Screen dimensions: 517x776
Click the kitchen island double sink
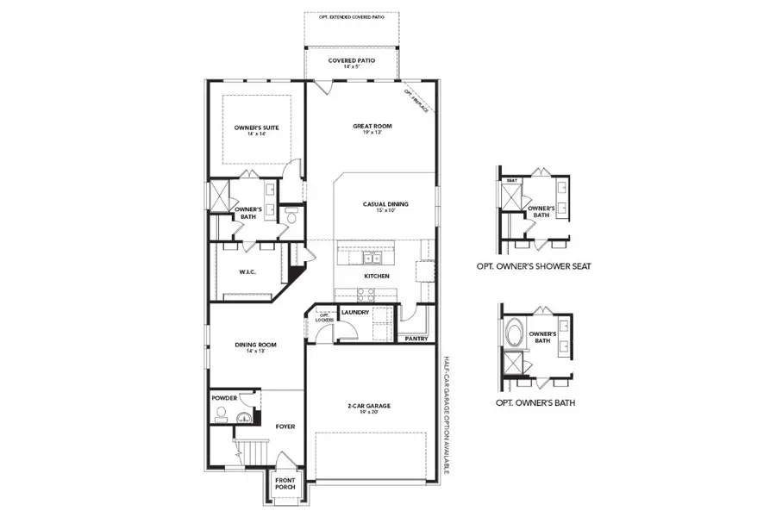coord(372,257)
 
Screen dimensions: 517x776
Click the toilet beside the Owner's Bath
coord(291,219)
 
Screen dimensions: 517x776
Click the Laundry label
coord(355,312)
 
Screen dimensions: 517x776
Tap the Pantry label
coord(416,339)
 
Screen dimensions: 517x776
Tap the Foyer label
coord(285,427)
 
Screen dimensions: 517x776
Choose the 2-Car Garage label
coord(369,408)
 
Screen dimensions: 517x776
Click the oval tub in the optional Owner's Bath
coord(514,334)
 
